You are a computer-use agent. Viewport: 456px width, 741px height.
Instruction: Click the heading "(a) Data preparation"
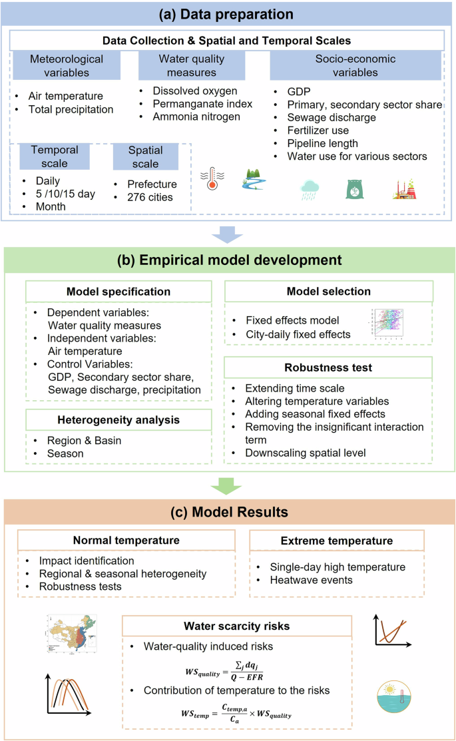[x=228, y=13]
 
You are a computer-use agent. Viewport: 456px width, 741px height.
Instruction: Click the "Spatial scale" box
[x=144, y=156]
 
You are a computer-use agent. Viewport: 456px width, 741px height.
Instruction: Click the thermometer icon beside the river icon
[x=214, y=178]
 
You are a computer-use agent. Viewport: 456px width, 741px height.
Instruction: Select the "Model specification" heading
[x=118, y=292]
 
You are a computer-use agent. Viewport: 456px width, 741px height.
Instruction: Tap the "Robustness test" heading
[x=329, y=367]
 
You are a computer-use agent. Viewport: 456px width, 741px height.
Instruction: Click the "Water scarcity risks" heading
[x=237, y=626]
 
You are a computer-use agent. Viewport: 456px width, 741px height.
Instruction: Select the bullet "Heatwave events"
[x=312, y=579]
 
